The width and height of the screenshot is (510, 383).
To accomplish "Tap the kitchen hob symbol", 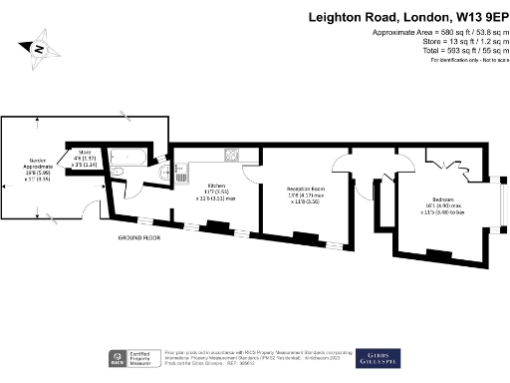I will point(231,155).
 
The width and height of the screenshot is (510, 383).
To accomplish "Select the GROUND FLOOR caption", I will point(140,239).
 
